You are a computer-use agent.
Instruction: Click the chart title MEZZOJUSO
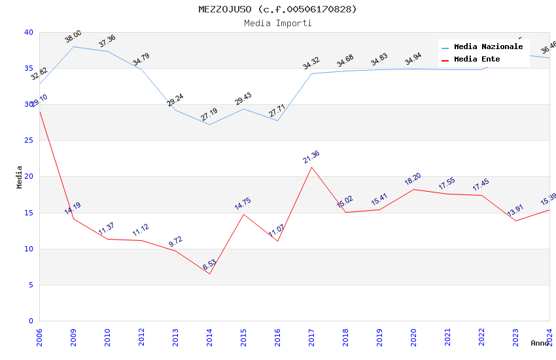(278, 9)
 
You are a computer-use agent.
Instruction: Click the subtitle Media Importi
(278, 23)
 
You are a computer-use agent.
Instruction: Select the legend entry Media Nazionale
(488, 47)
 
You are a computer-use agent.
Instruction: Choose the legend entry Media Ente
(477, 60)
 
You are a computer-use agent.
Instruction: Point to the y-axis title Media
(20, 177)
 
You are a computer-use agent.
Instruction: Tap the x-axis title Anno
(540, 343)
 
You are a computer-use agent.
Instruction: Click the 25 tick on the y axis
(29, 141)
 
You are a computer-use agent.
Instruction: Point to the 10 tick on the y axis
(29, 249)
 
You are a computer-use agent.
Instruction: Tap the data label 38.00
(73, 37)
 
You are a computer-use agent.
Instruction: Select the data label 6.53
(209, 265)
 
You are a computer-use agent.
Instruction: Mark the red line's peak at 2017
(311, 167)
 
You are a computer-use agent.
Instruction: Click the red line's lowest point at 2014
(209, 274)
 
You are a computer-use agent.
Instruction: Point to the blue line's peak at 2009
(73, 46)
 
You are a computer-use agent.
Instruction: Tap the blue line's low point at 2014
(209, 124)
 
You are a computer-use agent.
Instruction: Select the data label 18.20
(413, 179)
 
